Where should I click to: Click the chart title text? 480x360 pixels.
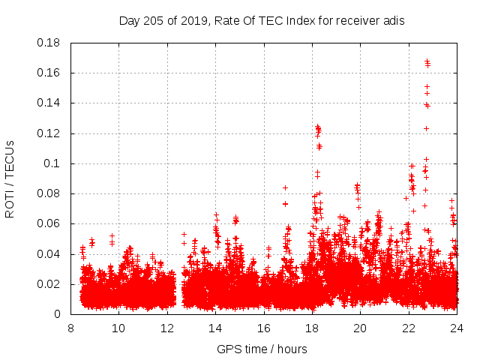click(262, 21)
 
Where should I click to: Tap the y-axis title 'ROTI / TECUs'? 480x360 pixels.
click(10, 178)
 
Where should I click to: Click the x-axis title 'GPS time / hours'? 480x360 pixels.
click(262, 349)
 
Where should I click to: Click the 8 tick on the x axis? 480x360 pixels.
click(70, 328)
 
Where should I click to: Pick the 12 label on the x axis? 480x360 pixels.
click(167, 328)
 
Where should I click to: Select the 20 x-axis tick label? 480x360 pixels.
click(360, 328)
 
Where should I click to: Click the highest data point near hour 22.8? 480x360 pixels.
click(427, 61)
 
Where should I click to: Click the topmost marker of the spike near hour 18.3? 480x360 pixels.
click(317, 127)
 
